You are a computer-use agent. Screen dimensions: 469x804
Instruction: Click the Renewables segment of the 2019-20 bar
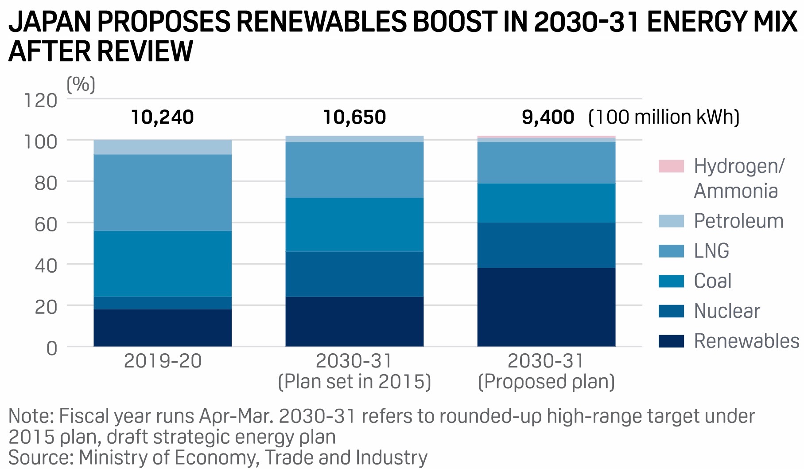pyautogui.click(x=163, y=328)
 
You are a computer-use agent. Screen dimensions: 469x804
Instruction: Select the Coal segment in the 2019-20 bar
pyautogui.click(x=163, y=264)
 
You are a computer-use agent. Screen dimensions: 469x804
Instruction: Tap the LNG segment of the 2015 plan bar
pyautogui.click(x=354, y=170)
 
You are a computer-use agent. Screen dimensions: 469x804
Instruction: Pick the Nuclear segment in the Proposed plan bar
pyautogui.click(x=546, y=245)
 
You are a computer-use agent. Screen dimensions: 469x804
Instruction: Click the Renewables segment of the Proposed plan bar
pyautogui.click(x=546, y=307)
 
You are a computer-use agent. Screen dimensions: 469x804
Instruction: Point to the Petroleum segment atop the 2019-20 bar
pyautogui.click(x=163, y=147)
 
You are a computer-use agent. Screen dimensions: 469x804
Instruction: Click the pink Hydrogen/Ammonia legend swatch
pyautogui.click(x=671, y=166)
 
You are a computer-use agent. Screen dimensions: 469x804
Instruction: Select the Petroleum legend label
pyautogui.click(x=738, y=221)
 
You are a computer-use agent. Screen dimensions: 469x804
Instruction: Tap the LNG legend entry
pyautogui.click(x=711, y=251)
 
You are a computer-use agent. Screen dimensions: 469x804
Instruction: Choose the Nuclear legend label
pyautogui.click(x=727, y=311)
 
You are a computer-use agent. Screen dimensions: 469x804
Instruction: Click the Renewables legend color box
pyautogui.click(x=671, y=341)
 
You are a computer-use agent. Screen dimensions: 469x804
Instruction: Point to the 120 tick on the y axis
pyautogui.click(x=40, y=101)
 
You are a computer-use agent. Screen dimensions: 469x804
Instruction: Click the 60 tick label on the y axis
pyautogui.click(x=46, y=224)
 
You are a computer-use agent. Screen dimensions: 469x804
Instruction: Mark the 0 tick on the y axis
pyautogui.click(x=52, y=348)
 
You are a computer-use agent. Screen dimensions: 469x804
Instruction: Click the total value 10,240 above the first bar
pyautogui.click(x=163, y=117)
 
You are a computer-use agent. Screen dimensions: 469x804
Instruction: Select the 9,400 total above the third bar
pyautogui.click(x=548, y=117)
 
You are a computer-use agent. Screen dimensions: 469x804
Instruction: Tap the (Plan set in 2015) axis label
pyautogui.click(x=354, y=382)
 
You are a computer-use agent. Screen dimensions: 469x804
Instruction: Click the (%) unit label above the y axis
pyautogui.click(x=81, y=84)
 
